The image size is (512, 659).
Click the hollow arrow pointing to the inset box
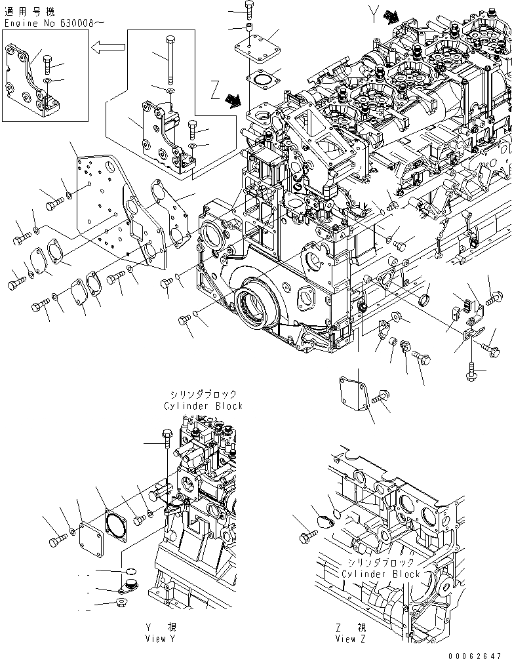108,47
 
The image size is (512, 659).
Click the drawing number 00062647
480,653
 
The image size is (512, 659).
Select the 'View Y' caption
160,634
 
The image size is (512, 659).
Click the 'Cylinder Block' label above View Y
203,401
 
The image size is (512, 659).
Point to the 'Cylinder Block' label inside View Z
380,569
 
